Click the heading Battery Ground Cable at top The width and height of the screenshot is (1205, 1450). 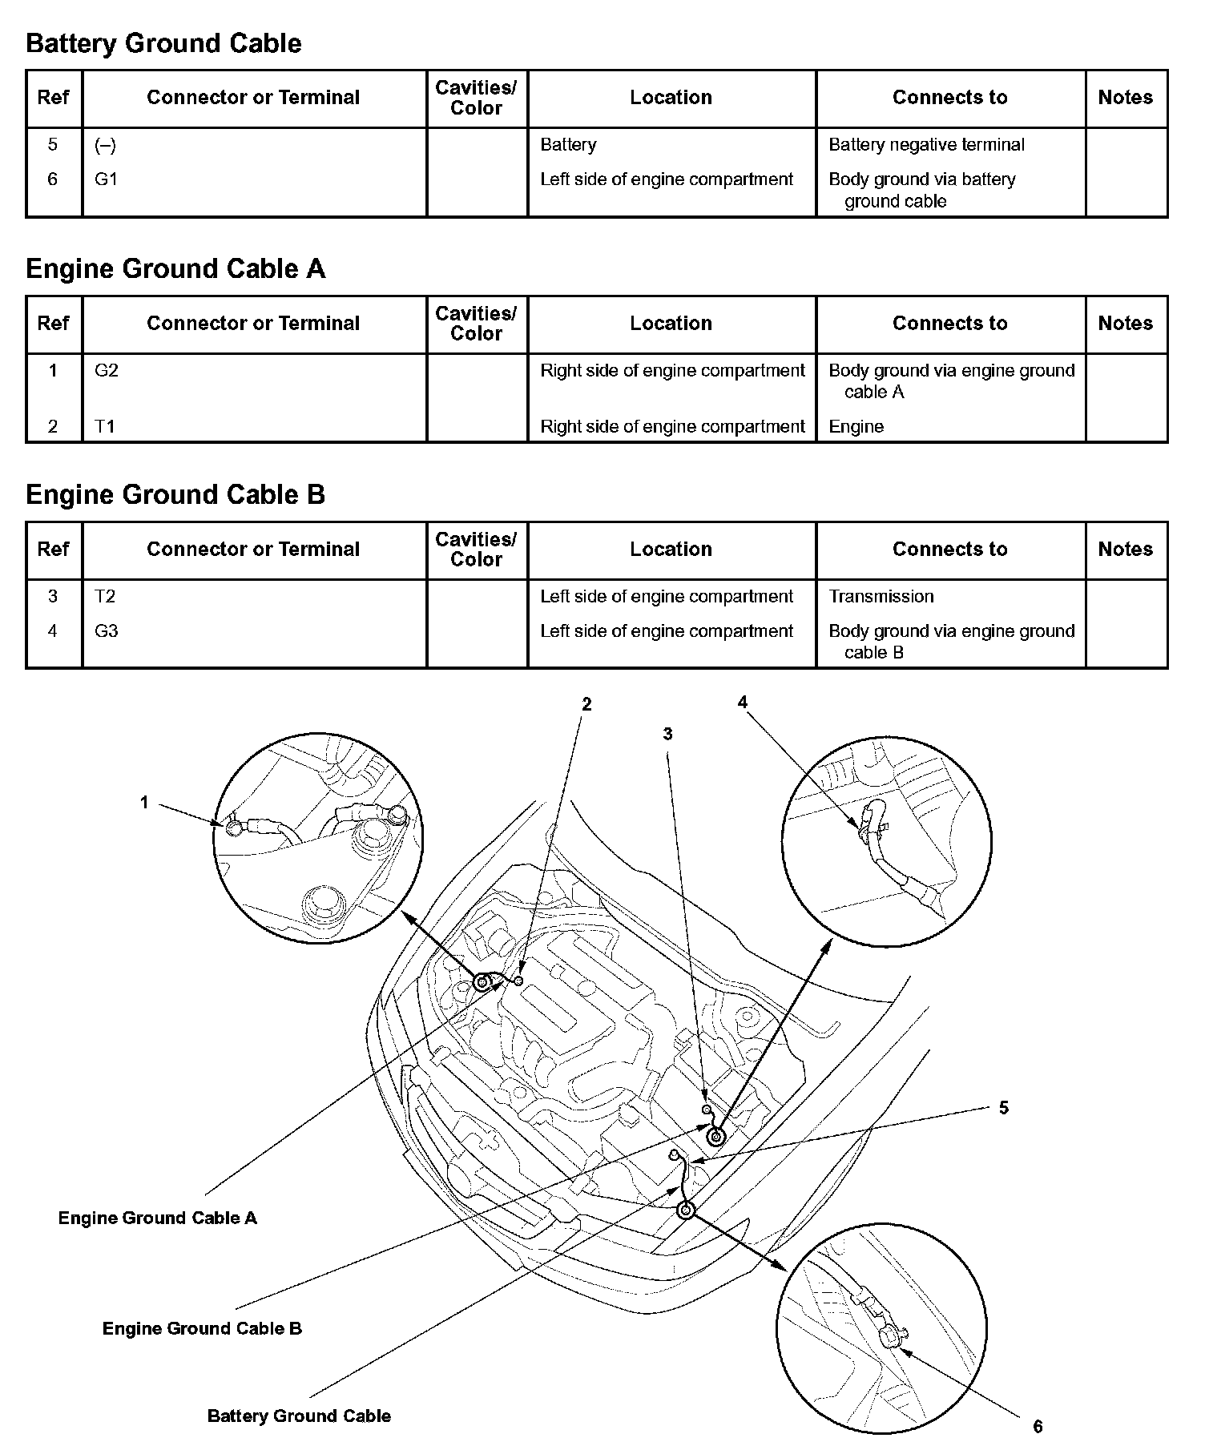pyautogui.click(x=163, y=43)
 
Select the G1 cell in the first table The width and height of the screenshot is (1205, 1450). pyautogui.click(x=106, y=179)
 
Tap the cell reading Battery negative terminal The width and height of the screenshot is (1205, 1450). pyautogui.click(x=926, y=145)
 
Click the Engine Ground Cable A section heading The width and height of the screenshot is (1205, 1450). pyautogui.click(x=175, y=269)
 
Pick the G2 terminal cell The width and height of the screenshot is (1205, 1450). pyautogui.click(x=106, y=371)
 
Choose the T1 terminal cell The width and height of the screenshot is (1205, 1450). pyautogui.click(x=105, y=427)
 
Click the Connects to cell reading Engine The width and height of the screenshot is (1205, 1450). pyautogui.click(x=856, y=427)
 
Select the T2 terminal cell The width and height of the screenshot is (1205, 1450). pyautogui.click(x=105, y=597)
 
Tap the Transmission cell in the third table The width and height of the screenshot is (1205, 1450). pyautogui.click(x=881, y=597)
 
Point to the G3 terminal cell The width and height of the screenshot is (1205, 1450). pyautogui.click(x=106, y=631)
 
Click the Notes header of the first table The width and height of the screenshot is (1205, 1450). pyautogui.click(x=1125, y=98)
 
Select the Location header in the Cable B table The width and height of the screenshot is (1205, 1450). pyautogui.click(x=671, y=550)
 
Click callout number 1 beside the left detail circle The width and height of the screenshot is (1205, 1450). pyautogui.click(x=145, y=802)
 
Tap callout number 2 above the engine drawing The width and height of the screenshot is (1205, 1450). pyautogui.click(x=586, y=704)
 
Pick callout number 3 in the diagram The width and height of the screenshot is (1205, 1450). pyautogui.click(x=667, y=734)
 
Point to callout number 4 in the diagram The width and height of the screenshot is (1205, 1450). pyautogui.click(x=742, y=703)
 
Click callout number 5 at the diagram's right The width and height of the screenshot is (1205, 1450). pyautogui.click(x=1004, y=1108)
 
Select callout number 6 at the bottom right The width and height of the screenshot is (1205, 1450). pyautogui.click(x=1038, y=1427)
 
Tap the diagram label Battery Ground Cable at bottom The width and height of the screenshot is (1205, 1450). pyautogui.click(x=299, y=1416)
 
